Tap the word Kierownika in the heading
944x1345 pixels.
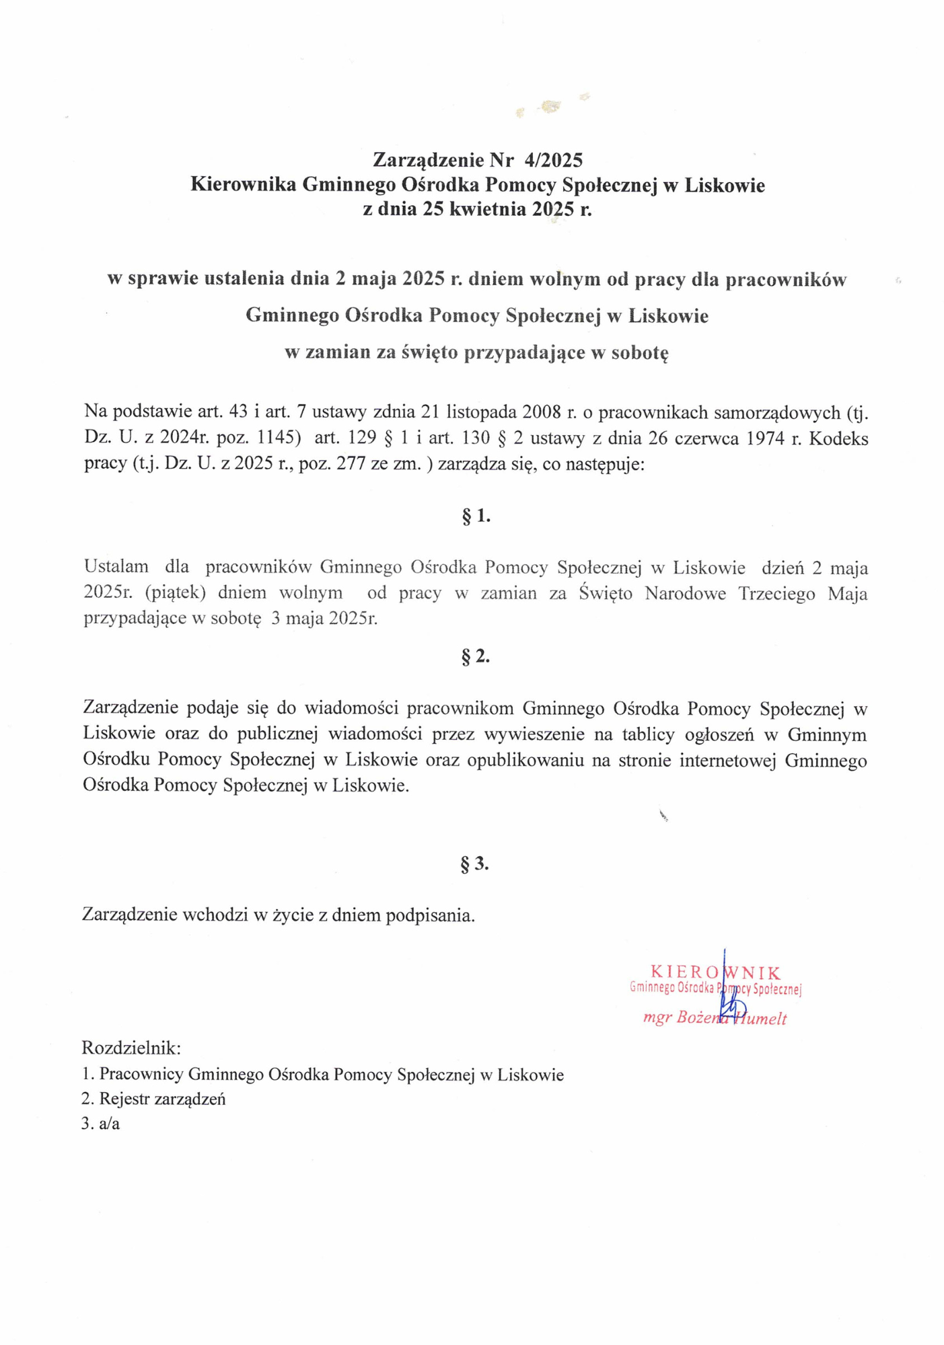(243, 184)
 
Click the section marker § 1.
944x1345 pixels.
(476, 516)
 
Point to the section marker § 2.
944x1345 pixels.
(475, 656)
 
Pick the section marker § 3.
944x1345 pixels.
(474, 863)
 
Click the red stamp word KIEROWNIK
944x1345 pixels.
(715, 972)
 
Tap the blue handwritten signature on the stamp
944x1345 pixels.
(729, 1002)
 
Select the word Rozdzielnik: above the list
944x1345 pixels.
(131, 1048)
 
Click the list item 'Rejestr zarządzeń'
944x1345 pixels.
(162, 1099)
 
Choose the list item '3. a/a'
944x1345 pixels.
(101, 1123)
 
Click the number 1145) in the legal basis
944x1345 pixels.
(279, 438)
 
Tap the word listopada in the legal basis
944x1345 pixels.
(480, 412)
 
